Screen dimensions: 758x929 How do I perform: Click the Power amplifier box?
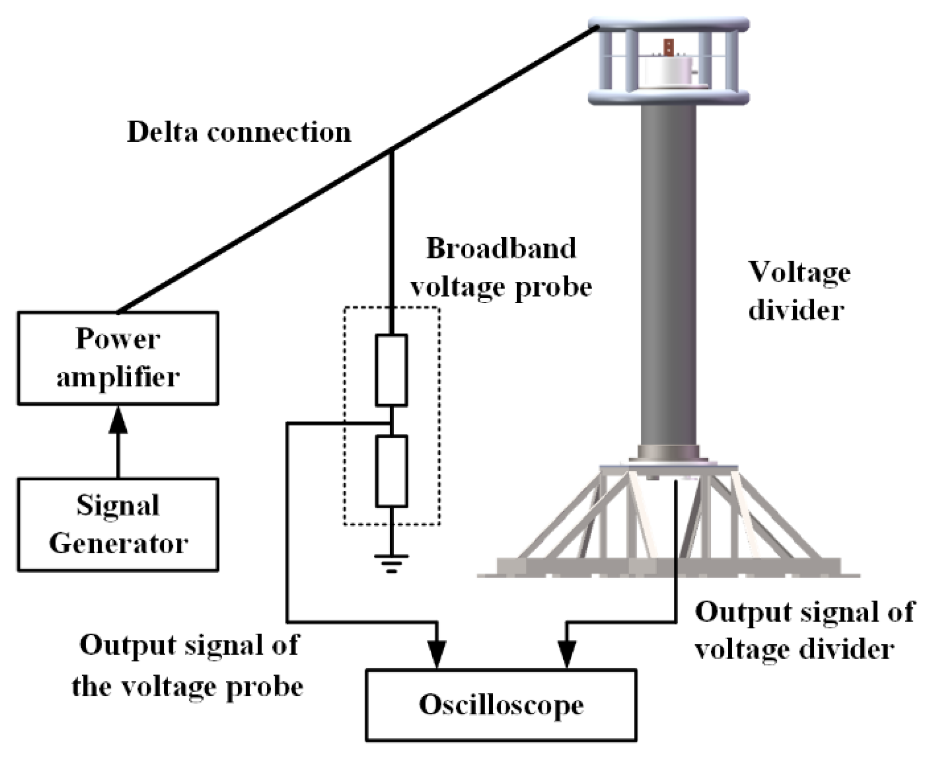118,358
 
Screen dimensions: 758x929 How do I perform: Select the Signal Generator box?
118,524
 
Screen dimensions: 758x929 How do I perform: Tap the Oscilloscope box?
501,705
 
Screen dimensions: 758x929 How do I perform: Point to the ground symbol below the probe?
391,563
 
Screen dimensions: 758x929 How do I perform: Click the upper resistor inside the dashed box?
391,370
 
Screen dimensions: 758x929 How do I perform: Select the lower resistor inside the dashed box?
391,471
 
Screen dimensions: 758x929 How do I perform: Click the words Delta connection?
239,132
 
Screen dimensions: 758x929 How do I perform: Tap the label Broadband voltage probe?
501,267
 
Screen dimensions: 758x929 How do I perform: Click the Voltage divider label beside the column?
799,291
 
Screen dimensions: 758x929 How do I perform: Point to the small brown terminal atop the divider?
668,48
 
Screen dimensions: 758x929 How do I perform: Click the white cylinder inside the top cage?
667,73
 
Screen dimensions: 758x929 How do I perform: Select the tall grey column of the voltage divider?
668,277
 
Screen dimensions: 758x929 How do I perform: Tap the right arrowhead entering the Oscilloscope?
566,654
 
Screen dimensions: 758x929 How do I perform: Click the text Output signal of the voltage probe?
189,666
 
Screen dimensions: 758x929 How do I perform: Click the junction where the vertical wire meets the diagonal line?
392,150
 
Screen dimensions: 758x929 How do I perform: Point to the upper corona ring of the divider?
668,24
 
